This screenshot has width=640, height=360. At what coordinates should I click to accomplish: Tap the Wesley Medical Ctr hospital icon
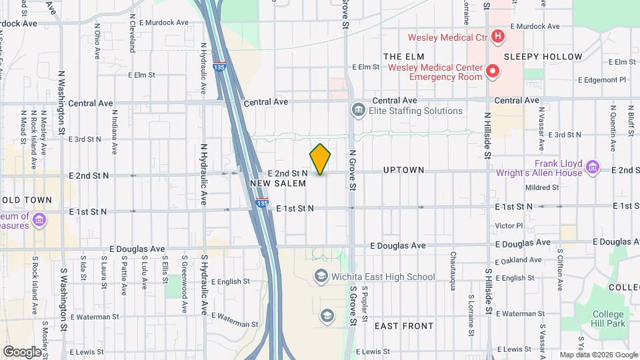tap(497, 35)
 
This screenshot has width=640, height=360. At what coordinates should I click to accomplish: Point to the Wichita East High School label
tap(383, 277)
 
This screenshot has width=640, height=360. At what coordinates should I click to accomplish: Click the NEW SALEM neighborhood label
tap(278, 183)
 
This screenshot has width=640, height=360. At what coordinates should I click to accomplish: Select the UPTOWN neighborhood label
tap(403, 171)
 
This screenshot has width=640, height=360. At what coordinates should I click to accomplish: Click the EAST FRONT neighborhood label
tap(404, 326)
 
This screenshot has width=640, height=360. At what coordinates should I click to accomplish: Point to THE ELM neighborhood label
tap(399, 56)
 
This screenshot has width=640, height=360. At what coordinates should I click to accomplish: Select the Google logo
tap(22, 351)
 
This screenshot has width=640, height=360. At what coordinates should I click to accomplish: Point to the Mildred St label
tap(542, 188)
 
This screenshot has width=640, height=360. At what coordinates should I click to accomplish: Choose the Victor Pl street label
tap(510, 225)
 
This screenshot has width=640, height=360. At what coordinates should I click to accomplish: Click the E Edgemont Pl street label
tap(602, 79)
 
